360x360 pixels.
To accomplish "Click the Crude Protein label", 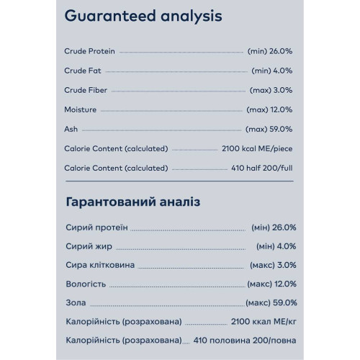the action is click(89, 52).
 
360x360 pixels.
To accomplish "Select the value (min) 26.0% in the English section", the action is click(271, 52).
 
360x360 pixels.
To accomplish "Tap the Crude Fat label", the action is click(82, 71).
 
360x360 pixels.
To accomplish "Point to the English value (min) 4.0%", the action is click(274, 71).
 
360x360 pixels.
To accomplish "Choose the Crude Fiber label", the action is click(86, 91).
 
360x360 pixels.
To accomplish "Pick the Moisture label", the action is click(80, 110).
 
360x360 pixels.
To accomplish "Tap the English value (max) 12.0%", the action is click(271, 110).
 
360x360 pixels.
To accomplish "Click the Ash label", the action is click(70, 130).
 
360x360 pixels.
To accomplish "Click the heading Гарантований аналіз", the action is click(132, 204).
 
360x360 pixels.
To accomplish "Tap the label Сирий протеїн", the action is click(96, 228).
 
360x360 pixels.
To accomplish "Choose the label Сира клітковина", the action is click(102, 265).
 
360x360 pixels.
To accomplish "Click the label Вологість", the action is click(86, 284).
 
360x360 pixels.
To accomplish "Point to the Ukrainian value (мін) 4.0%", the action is click(274, 246).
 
